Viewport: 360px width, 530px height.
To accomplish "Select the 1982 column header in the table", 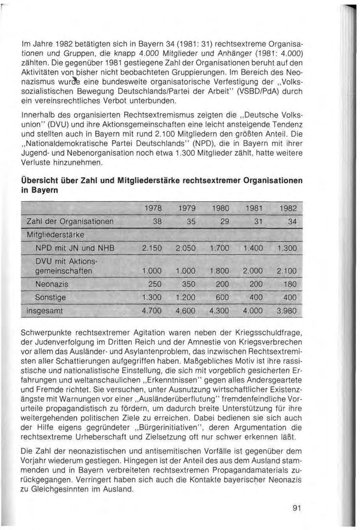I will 288,208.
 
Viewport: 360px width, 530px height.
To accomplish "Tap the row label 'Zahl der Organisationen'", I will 70,221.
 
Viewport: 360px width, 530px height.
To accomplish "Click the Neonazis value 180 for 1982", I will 290,284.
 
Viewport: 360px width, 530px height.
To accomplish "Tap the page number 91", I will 296,508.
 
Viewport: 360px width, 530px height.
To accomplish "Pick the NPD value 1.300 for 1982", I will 287,248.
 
